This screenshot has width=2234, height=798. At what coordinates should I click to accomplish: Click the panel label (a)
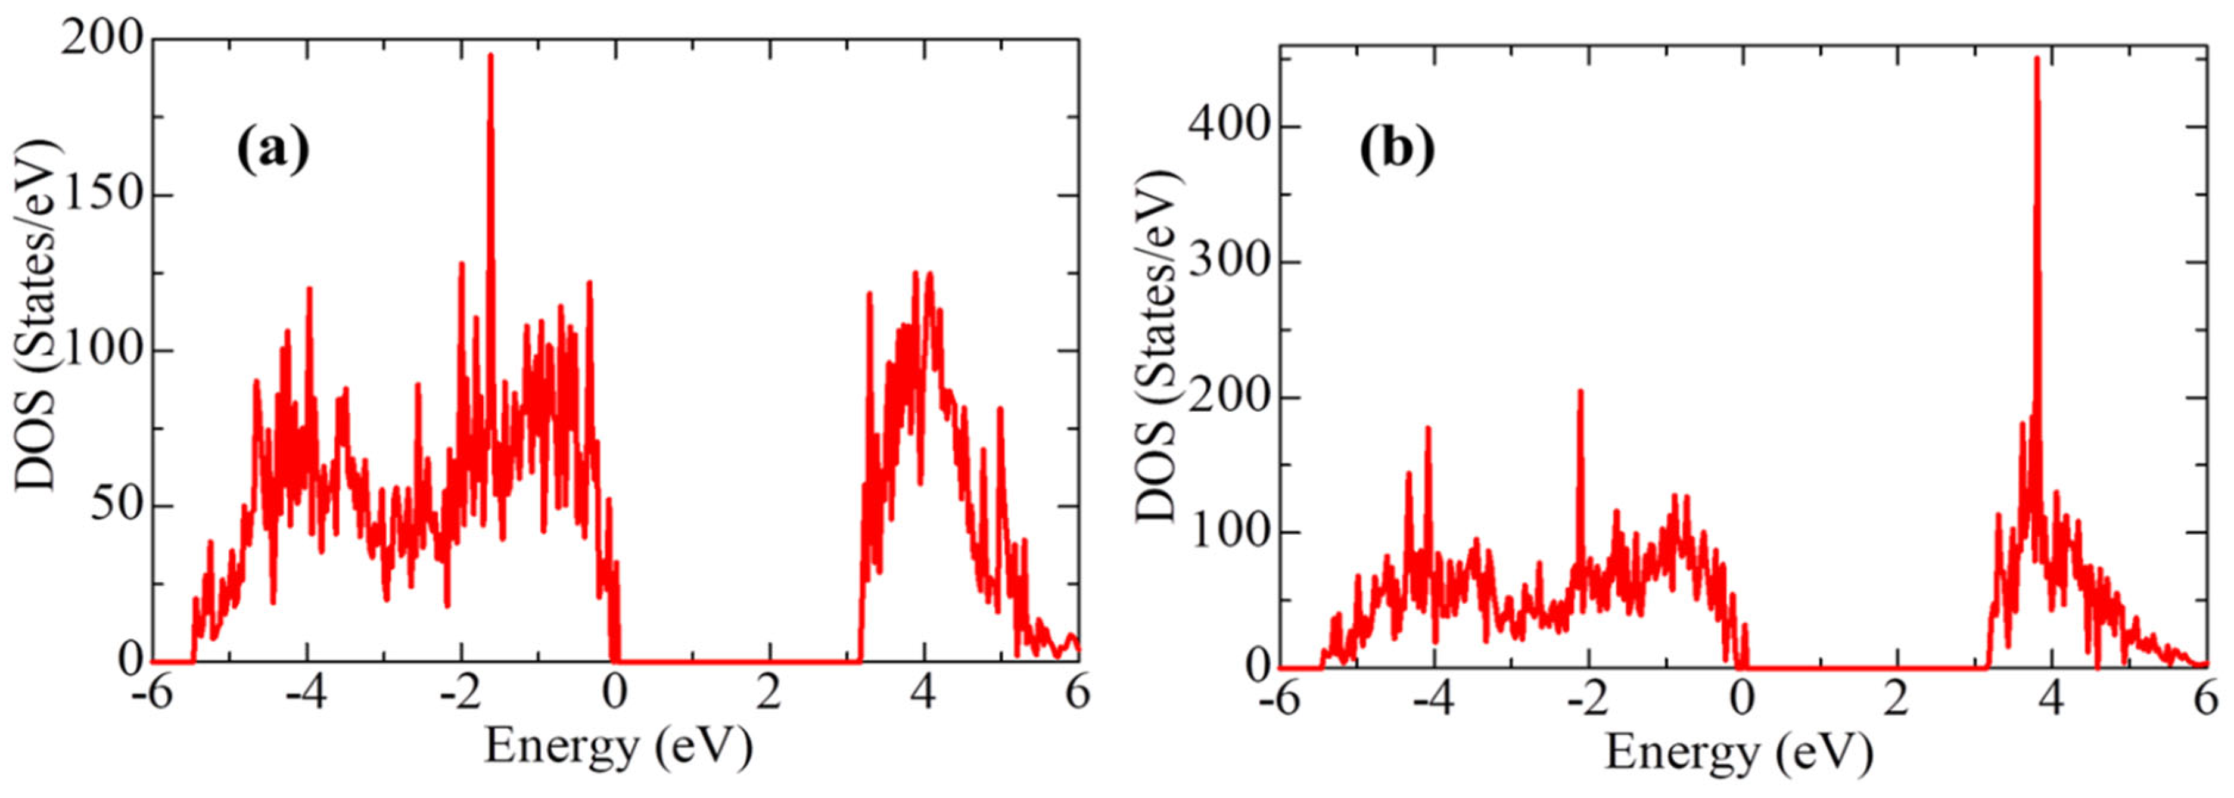(x=272, y=151)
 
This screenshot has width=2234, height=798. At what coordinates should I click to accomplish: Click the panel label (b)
(x=1396, y=151)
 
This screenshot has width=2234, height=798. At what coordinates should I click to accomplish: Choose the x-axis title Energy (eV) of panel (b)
(x=1739, y=752)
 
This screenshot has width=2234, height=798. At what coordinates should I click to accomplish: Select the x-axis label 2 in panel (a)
(x=769, y=695)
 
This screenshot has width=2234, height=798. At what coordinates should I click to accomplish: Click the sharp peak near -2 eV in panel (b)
(x=1580, y=393)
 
